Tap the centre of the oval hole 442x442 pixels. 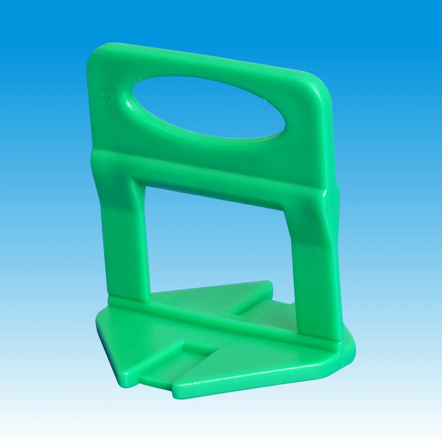(x=209, y=108)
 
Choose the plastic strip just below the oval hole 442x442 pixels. (x=206, y=147)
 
